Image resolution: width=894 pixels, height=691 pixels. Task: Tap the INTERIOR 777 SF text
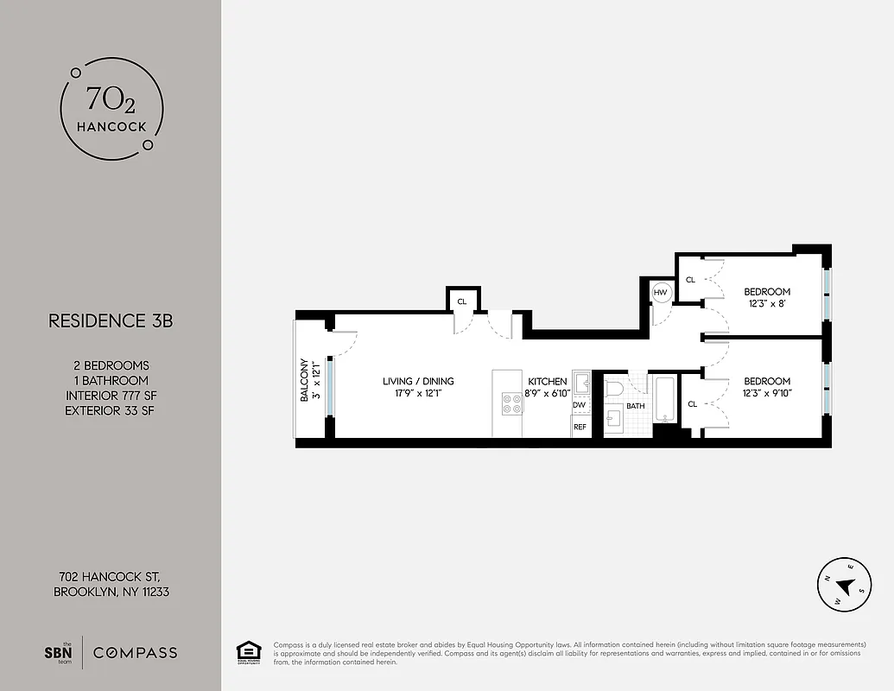(110, 396)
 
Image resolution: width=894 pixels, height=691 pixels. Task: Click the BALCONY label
(305, 381)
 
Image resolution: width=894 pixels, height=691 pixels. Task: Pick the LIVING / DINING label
(418, 381)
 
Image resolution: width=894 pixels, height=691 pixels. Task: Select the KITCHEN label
(548, 381)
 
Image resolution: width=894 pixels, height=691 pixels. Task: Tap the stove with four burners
(511, 403)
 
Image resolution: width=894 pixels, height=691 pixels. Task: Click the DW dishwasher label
(579, 405)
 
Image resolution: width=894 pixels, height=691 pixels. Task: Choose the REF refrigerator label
(580, 427)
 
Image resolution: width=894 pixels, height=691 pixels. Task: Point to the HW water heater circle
(661, 293)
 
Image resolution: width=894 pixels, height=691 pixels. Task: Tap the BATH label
(636, 406)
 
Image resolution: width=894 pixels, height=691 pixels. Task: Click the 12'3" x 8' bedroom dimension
(767, 305)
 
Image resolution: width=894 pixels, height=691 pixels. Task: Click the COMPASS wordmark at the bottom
(135, 653)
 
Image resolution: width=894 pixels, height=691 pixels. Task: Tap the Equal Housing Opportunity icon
(248, 652)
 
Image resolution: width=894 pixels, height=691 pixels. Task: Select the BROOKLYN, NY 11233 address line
(117, 592)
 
